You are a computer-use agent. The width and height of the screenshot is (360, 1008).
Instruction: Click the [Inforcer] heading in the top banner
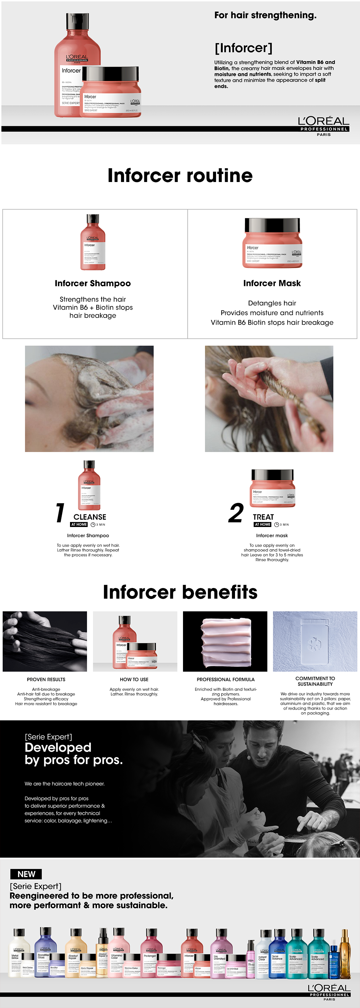(x=243, y=48)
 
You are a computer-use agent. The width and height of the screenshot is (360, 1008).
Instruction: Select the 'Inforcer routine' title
(x=180, y=175)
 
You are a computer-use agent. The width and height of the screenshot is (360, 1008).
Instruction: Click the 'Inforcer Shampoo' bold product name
(x=93, y=283)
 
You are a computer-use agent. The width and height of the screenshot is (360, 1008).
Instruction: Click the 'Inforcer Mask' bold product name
(x=272, y=283)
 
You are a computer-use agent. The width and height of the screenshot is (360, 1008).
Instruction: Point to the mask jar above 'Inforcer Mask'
(x=272, y=243)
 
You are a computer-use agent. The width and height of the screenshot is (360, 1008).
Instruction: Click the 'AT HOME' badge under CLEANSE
(x=79, y=524)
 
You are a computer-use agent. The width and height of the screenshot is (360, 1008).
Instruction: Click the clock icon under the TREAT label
(x=277, y=524)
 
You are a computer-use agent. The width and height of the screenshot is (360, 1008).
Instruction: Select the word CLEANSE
(x=90, y=517)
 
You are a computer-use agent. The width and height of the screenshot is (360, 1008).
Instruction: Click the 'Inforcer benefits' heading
(x=180, y=592)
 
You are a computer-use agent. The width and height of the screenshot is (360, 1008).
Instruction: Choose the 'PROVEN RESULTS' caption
(x=46, y=679)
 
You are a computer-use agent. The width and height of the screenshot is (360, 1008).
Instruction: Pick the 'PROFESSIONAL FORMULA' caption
(x=225, y=679)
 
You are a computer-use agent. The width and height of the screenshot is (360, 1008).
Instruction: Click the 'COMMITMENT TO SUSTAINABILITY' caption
(x=315, y=681)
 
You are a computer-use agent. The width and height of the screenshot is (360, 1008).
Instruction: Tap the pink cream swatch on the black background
(x=225, y=642)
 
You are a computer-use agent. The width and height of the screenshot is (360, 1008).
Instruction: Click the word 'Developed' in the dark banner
(x=58, y=747)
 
